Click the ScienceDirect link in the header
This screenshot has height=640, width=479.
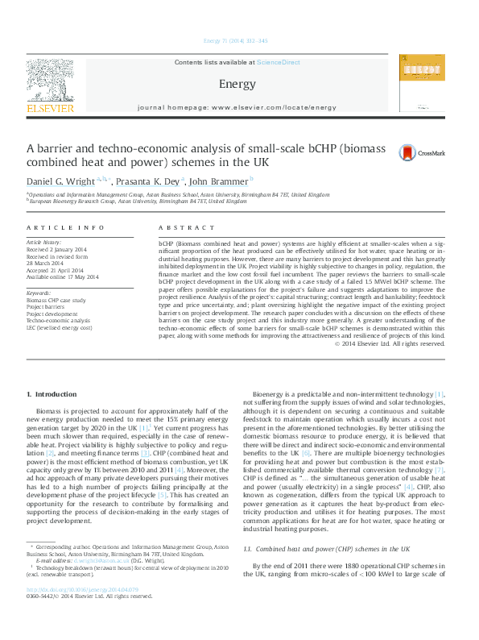coord(278,62)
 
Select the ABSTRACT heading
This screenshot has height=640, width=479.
coord(176,229)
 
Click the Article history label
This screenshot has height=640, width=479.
coord(45,242)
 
